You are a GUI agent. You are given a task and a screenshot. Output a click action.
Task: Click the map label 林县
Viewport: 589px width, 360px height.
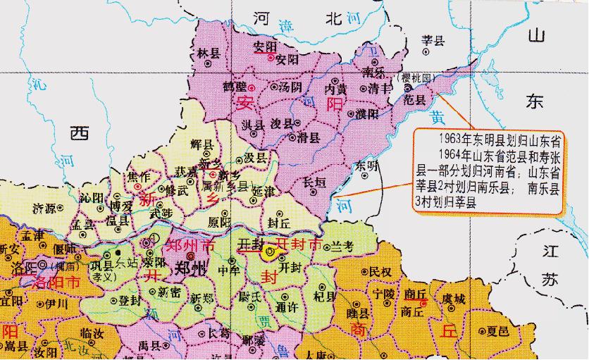(209, 53)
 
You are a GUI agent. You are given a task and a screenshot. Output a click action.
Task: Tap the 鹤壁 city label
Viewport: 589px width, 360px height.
(235, 86)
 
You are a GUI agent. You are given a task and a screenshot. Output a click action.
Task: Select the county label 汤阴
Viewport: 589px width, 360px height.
(290, 87)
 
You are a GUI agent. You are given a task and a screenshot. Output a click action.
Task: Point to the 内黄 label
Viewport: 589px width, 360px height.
(335, 89)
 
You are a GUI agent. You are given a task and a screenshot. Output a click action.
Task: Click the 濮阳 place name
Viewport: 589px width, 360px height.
(367, 113)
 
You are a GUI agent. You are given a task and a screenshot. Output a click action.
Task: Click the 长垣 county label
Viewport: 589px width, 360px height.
(314, 182)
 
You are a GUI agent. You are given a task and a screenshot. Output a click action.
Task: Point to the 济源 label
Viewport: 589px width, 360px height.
(46, 208)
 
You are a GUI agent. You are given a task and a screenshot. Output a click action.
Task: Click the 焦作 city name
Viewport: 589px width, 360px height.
(137, 176)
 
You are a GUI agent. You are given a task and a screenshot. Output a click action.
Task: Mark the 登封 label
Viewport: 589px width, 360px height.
(129, 300)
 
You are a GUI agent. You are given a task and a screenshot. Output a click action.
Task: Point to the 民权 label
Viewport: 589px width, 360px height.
(380, 271)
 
